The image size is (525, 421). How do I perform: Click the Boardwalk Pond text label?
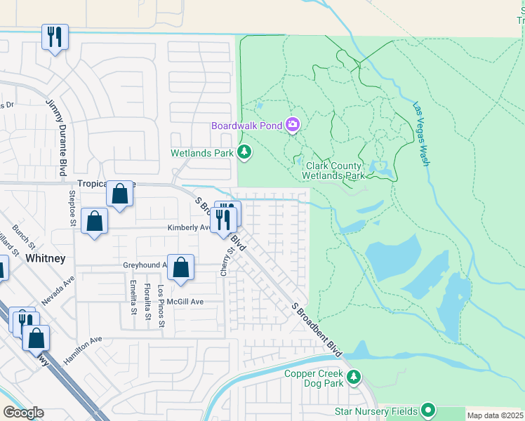point(247,126)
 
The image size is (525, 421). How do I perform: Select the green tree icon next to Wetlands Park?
point(244,152)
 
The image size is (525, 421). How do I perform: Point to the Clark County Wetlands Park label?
point(333,171)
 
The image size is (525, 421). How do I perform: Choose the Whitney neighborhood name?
point(46,258)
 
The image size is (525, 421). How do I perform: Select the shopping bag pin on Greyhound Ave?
point(181,267)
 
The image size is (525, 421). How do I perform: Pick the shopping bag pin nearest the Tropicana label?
point(120,193)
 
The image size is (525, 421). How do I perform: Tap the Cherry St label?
point(226,260)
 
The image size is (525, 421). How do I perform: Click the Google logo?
point(23,413)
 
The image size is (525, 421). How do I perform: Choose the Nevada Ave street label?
point(58,290)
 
